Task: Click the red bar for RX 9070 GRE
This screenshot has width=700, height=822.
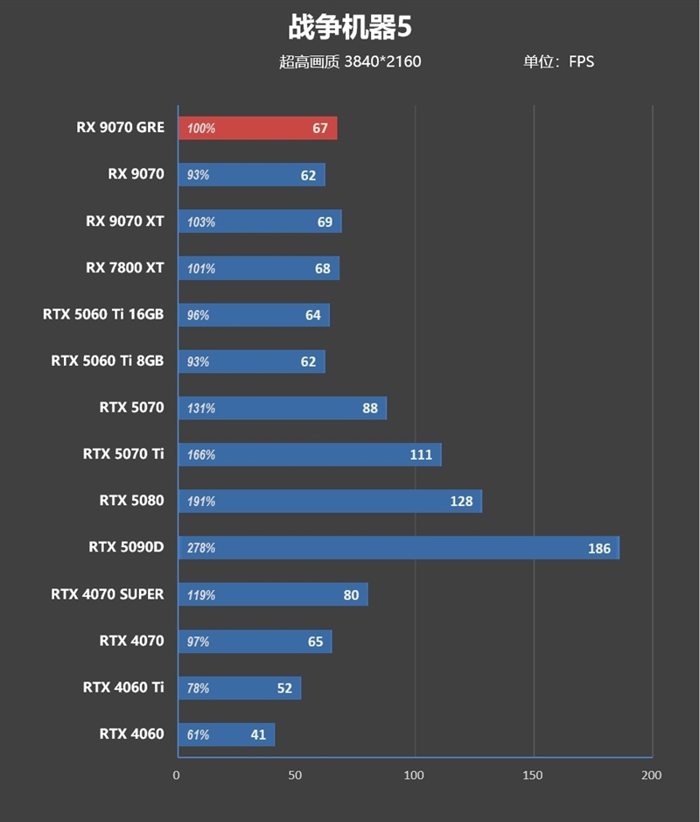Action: pyautogui.click(x=257, y=129)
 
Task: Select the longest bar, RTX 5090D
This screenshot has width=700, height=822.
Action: pyautogui.click(x=398, y=548)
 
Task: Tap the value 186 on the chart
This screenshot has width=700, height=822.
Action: pyautogui.click(x=598, y=549)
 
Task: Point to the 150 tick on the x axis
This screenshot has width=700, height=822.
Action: pyautogui.click(x=533, y=775)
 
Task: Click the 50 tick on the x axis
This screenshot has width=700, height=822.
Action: pyautogui.click(x=296, y=775)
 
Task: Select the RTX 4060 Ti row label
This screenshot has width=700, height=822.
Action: pyautogui.click(x=123, y=687)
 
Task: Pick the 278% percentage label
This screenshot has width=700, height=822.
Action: pyautogui.click(x=201, y=549)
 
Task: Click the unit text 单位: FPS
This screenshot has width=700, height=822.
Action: pyautogui.click(x=558, y=61)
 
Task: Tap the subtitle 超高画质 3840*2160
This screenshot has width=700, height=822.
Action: pyautogui.click(x=350, y=61)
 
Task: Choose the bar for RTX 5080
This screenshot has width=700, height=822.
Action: pyautogui.click(x=329, y=502)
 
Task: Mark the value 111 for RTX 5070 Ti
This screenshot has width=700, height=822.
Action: pyautogui.click(x=421, y=455)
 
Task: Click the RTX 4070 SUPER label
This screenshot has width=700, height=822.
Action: pyautogui.click(x=108, y=594)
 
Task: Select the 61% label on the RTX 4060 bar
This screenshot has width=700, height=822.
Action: pyautogui.click(x=198, y=735)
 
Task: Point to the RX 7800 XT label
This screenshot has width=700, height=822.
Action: pyautogui.click(x=125, y=268)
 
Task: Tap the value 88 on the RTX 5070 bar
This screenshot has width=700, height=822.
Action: pyautogui.click(x=369, y=409)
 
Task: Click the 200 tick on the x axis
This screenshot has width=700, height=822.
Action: pyautogui.click(x=651, y=775)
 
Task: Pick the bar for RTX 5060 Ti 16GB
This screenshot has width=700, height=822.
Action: pyautogui.click(x=254, y=315)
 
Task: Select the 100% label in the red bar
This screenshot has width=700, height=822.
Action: pyautogui.click(x=201, y=129)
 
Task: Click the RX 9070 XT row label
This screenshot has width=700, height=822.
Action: pyautogui.click(x=125, y=221)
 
